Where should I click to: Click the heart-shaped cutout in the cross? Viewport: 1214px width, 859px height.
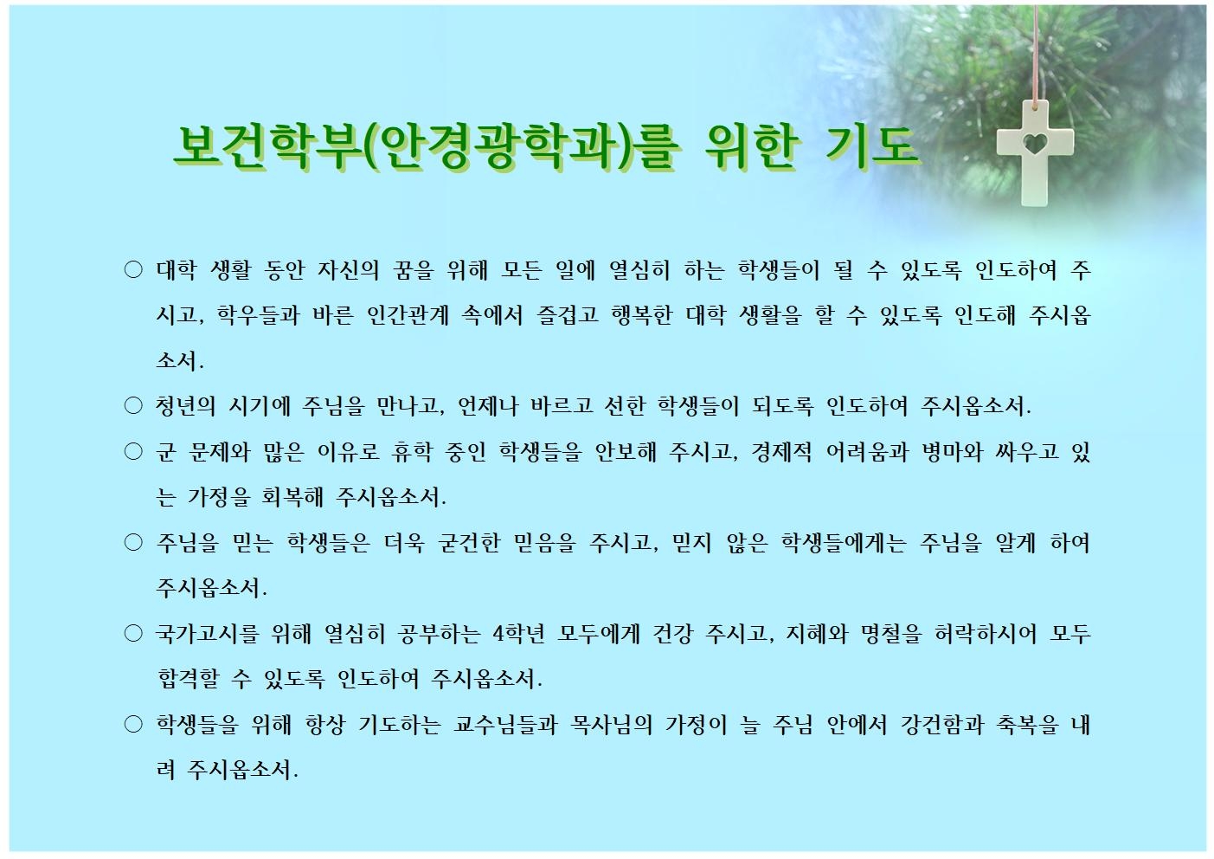pos(1035,143)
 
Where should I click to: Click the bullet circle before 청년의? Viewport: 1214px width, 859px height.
pos(133,405)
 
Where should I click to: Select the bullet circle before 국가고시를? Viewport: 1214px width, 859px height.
pos(133,633)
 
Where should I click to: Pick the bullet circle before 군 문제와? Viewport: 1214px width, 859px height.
pos(133,450)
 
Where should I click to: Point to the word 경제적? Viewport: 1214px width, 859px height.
pos(781,451)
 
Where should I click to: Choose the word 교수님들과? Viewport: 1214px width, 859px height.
pos(505,725)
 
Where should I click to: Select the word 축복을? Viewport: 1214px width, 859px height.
pos(1027,725)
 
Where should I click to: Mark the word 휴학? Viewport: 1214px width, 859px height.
pos(413,451)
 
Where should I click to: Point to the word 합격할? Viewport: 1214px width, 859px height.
pos(188,679)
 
